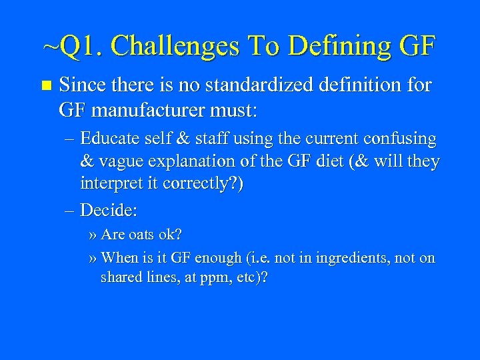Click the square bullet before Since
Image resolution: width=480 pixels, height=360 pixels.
click(45, 86)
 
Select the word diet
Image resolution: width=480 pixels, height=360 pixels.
click(323, 161)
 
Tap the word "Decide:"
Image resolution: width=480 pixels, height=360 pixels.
click(109, 211)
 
